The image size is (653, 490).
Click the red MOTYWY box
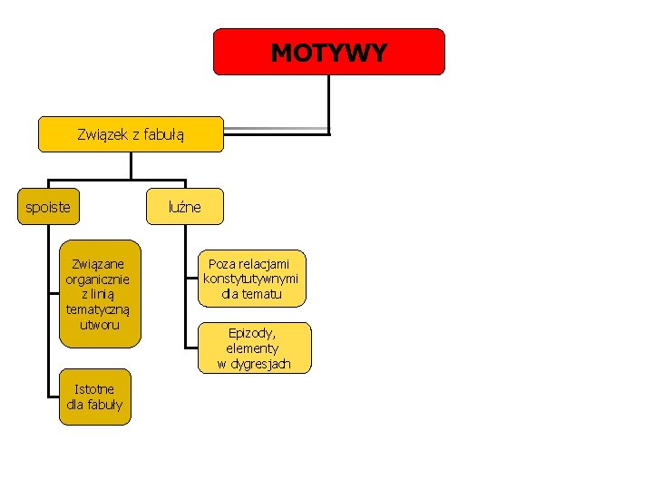[328, 52]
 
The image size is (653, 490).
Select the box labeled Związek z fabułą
[131, 134]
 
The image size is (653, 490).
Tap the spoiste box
[48, 207]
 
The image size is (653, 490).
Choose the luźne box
[184, 207]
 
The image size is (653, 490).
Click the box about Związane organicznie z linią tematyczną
[100, 293]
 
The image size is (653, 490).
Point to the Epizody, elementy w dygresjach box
[254, 348]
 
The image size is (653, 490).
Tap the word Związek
[102, 135]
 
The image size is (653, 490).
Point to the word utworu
[99, 324]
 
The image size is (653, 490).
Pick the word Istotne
[94, 388]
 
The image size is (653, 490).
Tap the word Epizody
[253, 332]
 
